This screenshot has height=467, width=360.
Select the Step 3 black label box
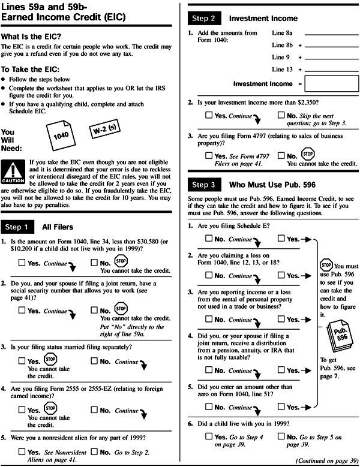pos(208,185)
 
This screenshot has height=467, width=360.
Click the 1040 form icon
pos(61,135)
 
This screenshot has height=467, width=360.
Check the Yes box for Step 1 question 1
pos(22,262)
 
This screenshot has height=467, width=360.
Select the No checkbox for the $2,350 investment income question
pos(281,115)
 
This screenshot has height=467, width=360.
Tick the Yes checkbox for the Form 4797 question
pos(208,156)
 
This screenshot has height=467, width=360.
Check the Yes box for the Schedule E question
pos(281,239)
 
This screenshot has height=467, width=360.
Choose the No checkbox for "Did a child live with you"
pos(281,438)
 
